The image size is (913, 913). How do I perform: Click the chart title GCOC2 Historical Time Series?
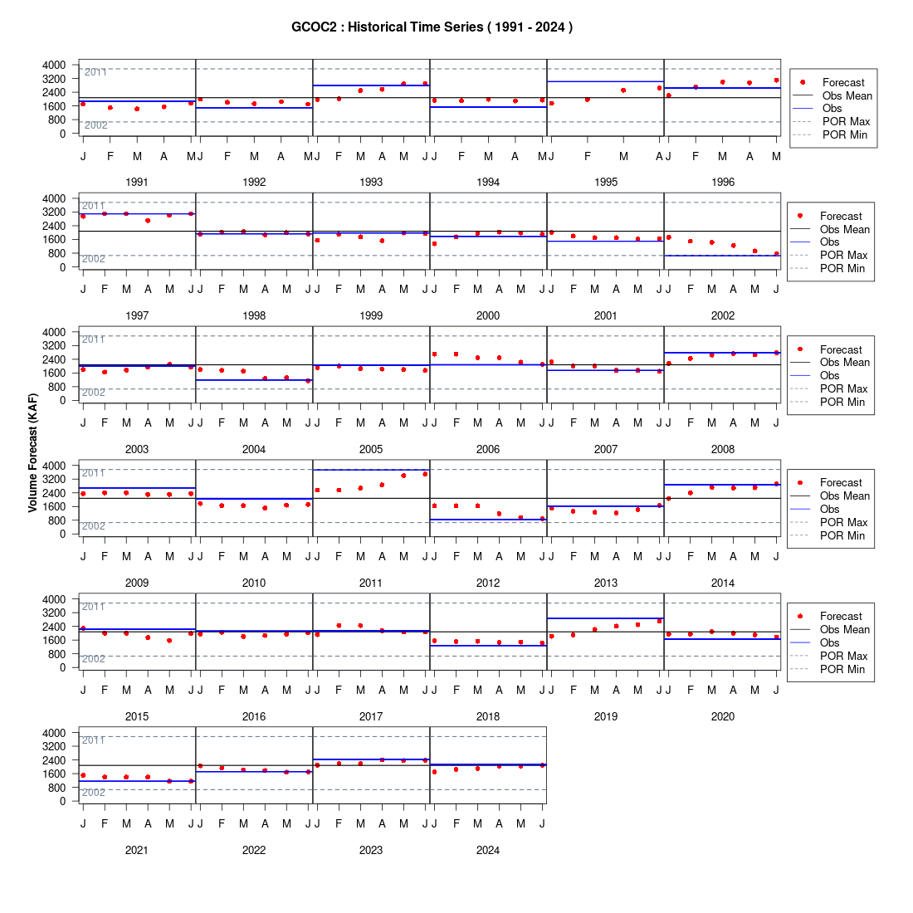click(x=432, y=27)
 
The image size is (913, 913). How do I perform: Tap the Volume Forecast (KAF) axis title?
click(x=32, y=453)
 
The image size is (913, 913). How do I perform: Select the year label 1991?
click(x=137, y=183)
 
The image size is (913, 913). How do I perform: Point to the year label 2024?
click(x=488, y=850)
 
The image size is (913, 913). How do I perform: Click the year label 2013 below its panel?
click(x=606, y=583)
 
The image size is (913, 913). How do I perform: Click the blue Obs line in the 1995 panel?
click(x=606, y=81)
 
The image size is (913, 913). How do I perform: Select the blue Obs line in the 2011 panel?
click(x=371, y=470)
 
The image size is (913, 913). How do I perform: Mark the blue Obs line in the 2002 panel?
click(x=723, y=256)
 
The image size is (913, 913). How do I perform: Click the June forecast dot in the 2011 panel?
click(x=425, y=474)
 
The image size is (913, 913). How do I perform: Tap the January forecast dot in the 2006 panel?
click(x=434, y=354)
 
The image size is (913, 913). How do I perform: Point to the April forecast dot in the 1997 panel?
click(x=148, y=221)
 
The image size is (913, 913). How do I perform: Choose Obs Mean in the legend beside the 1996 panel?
click(x=847, y=96)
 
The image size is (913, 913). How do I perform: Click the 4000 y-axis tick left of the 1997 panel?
click(x=54, y=198)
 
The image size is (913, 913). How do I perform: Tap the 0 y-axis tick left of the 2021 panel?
click(x=63, y=801)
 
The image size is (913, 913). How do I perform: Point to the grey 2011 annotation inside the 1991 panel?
click(x=95, y=72)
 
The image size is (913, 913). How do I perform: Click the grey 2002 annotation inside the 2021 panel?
click(x=93, y=793)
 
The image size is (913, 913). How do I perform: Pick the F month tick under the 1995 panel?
click(x=588, y=156)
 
